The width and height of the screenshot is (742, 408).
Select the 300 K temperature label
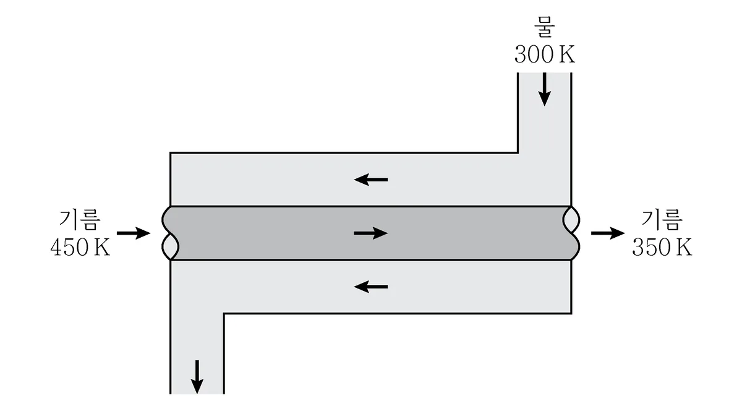tap(545, 54)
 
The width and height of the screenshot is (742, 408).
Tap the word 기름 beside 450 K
tap(80, 219)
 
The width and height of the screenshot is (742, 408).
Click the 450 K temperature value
tap(80, 247)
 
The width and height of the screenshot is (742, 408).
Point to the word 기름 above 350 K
tap(662, 219)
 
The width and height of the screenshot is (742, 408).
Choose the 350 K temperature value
tap(662, 247)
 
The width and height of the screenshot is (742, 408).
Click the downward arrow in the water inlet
tap(545, 89)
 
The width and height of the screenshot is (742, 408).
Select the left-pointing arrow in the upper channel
tap(371, 180)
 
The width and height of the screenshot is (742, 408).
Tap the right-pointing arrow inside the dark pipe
tap(370, 233)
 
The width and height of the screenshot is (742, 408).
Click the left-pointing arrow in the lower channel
tap(371, 287)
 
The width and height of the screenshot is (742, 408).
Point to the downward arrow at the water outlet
tap(197, 377)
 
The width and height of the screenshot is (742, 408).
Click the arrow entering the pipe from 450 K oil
tap(134, 233)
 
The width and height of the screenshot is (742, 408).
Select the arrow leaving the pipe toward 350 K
tap(608, 233)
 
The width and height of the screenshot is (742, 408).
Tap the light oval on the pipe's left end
tap(170, 246)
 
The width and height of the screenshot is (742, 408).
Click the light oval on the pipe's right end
tap(571, 220)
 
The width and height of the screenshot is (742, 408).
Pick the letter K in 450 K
tap(102, 248)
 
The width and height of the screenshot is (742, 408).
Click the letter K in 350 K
tap(684, 248)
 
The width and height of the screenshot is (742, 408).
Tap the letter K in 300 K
tap(568, 54)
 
